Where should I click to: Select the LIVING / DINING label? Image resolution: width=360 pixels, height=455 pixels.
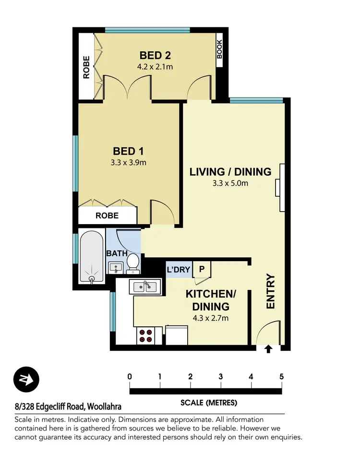(230, 172)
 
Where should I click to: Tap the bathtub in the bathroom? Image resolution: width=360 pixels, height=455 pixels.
(90, 258)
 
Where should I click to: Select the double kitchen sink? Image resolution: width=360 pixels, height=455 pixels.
(144, 287)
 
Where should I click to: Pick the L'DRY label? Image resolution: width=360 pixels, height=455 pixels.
(179, 270)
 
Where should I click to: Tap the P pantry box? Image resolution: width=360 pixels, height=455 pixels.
(202, 270)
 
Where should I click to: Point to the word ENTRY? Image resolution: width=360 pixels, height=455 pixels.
(271, 291)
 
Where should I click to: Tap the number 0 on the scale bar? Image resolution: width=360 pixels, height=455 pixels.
(130, 376)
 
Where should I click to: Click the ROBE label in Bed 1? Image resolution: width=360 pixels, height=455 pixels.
(107, 216)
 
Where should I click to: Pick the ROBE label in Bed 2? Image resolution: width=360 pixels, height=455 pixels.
(86, 67)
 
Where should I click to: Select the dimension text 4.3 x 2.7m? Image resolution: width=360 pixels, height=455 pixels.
(211, 318)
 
